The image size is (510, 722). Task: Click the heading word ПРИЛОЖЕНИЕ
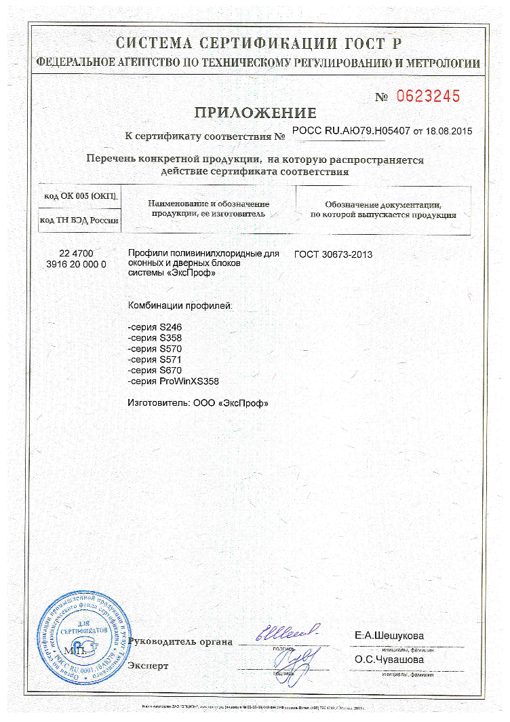pyautogui.click(x=255, y=113)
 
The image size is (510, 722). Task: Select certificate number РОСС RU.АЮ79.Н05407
pyautogui.click(x=351, y=130)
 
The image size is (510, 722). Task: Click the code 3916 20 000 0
pyautogui.click(x=77, y=264)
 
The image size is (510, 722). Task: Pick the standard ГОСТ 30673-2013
pyautogui.click(x=333, y=254)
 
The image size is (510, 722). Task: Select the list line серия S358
pyautogui.click(x=155, y=338)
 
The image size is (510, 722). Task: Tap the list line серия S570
pyautogui.click(x=155, y=349)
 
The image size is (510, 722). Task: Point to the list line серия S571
pyautogui.click(x=155, y=360)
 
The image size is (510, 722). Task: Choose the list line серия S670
pyautogui.click(x=155, y=370)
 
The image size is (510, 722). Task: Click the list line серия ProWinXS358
pyautogui.click(x=174, y=381)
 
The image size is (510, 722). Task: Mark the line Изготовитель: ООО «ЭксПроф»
pyautogui.click(x=198, y=403)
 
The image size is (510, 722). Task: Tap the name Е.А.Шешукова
pyautogui.click(x=389, y=636)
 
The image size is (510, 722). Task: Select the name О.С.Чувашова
pyautogui.click(x=389, y=660)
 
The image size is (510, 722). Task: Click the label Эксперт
pyautogui.click(x=148, y=666)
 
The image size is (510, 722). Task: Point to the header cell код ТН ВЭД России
pyautogui.click(x=79, y=221)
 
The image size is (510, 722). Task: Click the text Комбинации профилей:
pyautogui.click(x=180, y=306)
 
